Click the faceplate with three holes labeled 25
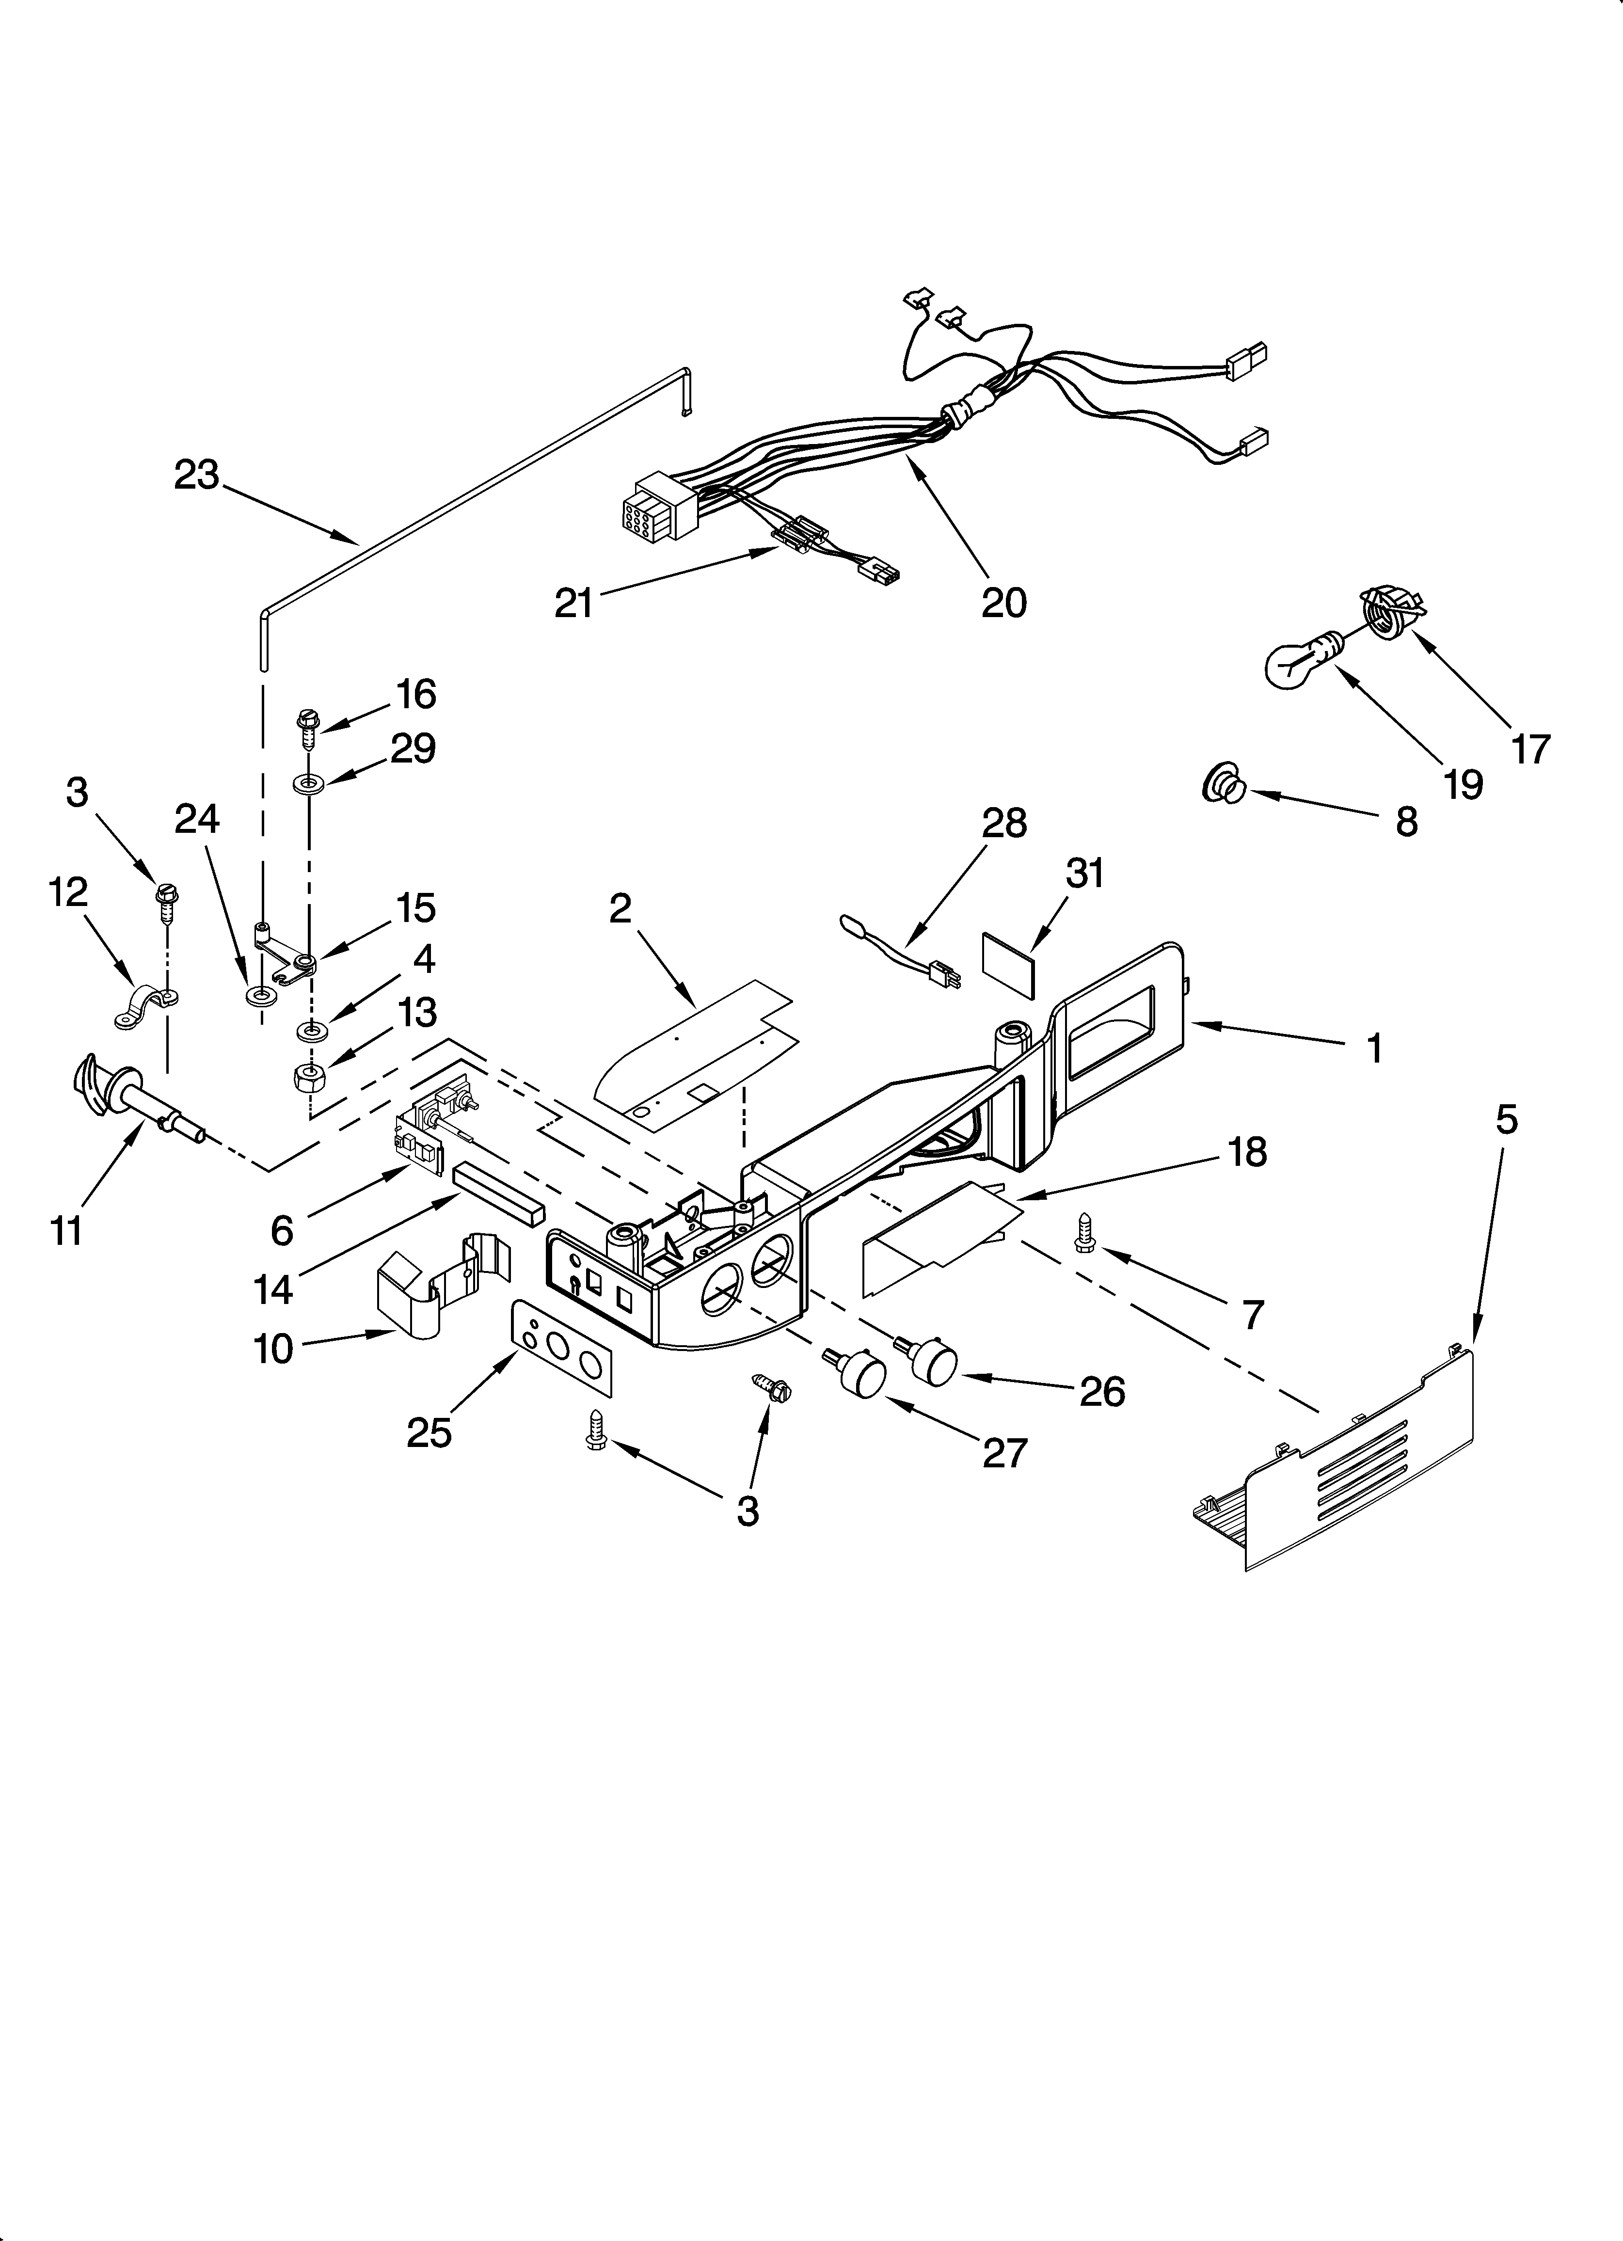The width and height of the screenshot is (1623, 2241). pos(561,1349)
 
